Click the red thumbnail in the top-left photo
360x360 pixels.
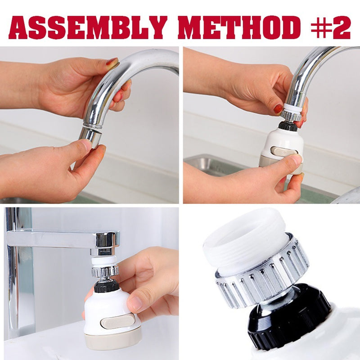(x=112, y=62)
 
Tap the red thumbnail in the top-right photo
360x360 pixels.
(x=279, y=108)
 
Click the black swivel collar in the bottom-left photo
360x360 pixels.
(x=107, y=287)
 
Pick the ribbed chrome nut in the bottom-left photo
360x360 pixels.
(x=105, y=271)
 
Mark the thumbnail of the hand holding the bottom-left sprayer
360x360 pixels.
(x=135, y=302)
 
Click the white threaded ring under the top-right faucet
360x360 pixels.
(x=292, y=107)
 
